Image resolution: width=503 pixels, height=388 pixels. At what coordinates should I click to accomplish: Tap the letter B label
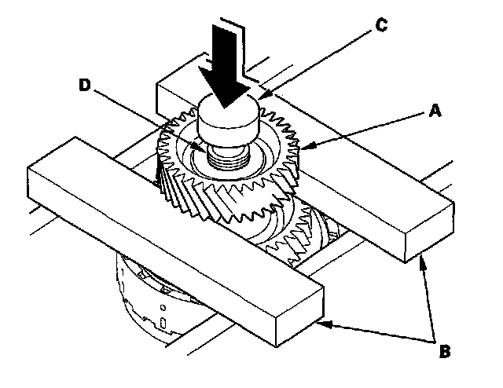click(x=443, y=350)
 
